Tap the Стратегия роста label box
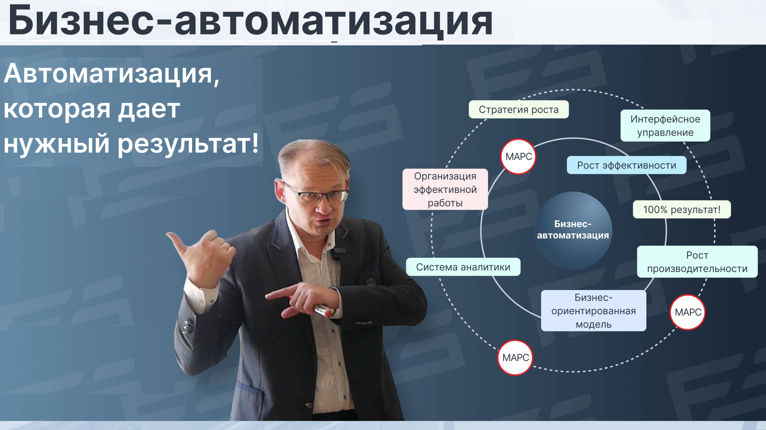pyautogui.click(x=519, y=110)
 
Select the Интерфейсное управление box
pyautogui.click(x=665, y=126)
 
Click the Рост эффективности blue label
pyautogui.click(x=627, y=165)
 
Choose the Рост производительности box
pyautogui.click(x=697, y=262)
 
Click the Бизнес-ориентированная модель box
pyautogui.click(x=594, y=311)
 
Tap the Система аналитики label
pyautogui.click(x=463, y=267)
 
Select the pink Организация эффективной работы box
pyautogui.click(x=445, y=190)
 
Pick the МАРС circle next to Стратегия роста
pyautogui.click(x=519, y=157)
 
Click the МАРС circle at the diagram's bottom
pyautogui.click(x=515, y=358)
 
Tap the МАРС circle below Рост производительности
pyautogui.click(x=688, y=312)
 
